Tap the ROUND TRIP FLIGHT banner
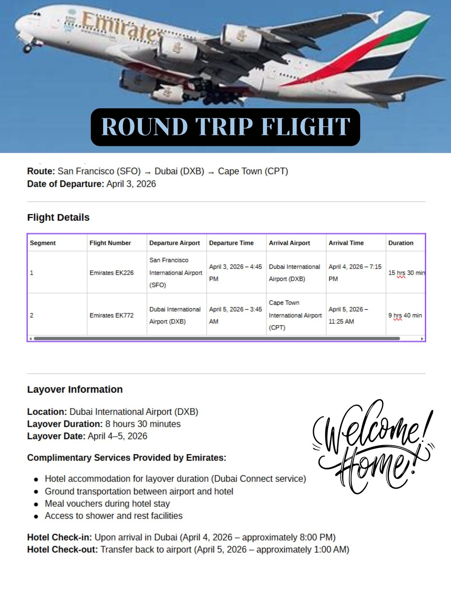click(x=225, y=127)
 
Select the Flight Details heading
click(x=58, y=217)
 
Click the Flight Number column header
click(x=110, y=243)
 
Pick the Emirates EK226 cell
click(x=112, y=273)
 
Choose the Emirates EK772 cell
click(x=112, y=315)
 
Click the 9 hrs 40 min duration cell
click(x=405, y=315)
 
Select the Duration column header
click(x=401, y=243)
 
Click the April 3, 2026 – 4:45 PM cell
click(x=236, y=272)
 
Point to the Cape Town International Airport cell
click(x=295, y=315)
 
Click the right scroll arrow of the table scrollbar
click(x=422, y=339)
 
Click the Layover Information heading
click(x=75, y=389)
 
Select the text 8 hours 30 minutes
click(x=143, y=424)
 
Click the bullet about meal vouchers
click(x=107, y=504)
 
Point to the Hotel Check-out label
click(x=62, y=550)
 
